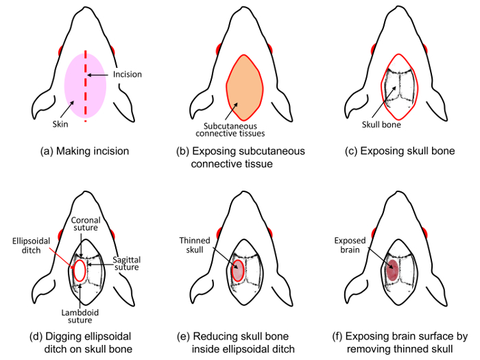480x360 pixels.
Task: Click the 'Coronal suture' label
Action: [86, 224]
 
